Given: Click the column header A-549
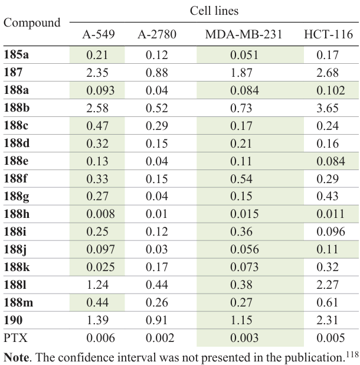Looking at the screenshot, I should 97,34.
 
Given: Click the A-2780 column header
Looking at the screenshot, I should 156,34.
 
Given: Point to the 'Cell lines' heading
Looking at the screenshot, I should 214,11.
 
